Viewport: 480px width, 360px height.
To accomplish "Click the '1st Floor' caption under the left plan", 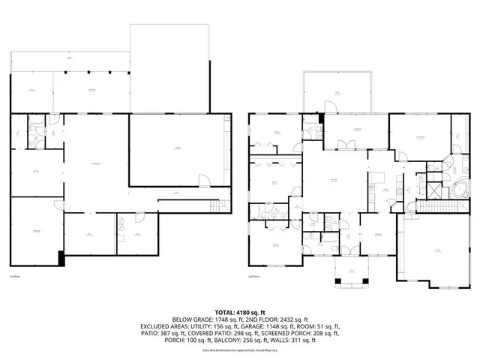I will [14, 277].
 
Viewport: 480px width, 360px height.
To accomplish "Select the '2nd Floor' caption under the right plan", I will [253, 277].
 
